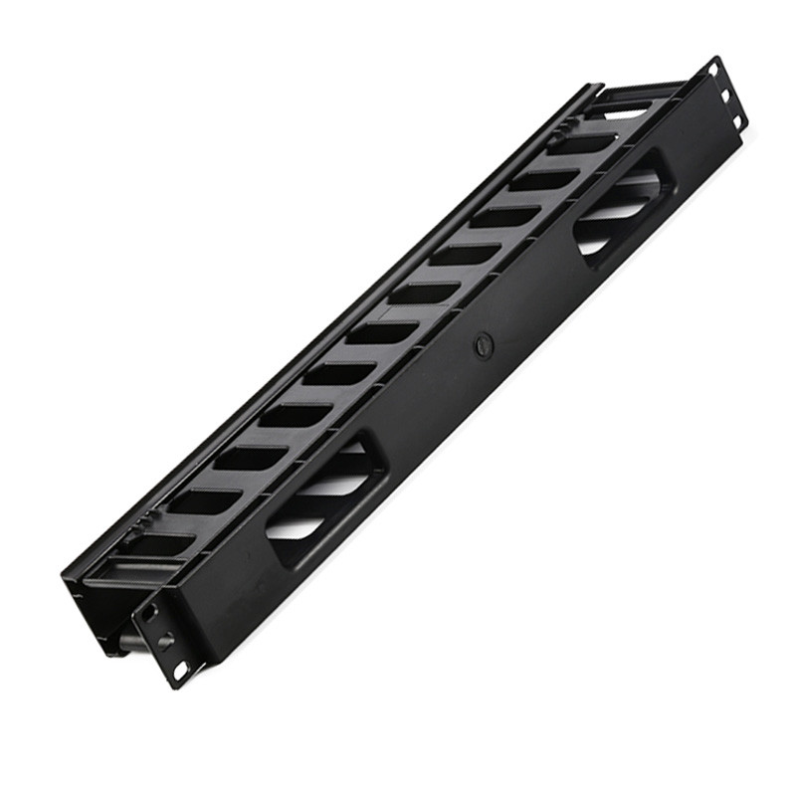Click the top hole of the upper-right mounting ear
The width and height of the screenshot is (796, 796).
714,71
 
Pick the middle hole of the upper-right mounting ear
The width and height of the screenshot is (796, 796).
726,96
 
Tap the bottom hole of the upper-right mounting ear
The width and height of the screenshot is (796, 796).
737,120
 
